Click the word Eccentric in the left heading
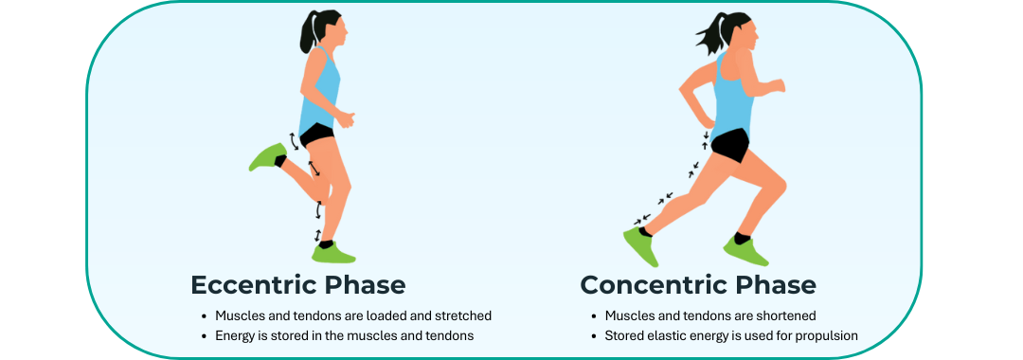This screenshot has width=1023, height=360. [x=249, y=284]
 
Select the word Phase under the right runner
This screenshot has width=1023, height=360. [x=772, y=284]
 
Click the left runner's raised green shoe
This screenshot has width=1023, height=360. [x=266, y=156]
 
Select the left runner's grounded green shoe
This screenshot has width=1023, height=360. [x=334, y=252]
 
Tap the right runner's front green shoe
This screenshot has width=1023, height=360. [x=745, y=250]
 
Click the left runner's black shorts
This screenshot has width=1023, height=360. [x=317, y=135]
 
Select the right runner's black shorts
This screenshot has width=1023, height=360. [x=729, y=145]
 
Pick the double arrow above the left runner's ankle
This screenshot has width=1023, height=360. [x=318, y=233]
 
